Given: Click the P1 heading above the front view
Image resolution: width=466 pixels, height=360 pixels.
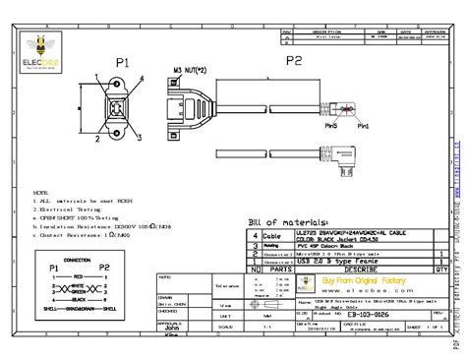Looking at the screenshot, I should point(122,62).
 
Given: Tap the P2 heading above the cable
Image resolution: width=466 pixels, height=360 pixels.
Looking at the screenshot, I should point(293,60).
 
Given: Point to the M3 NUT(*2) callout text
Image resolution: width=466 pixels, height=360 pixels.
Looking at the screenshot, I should point(190,70).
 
